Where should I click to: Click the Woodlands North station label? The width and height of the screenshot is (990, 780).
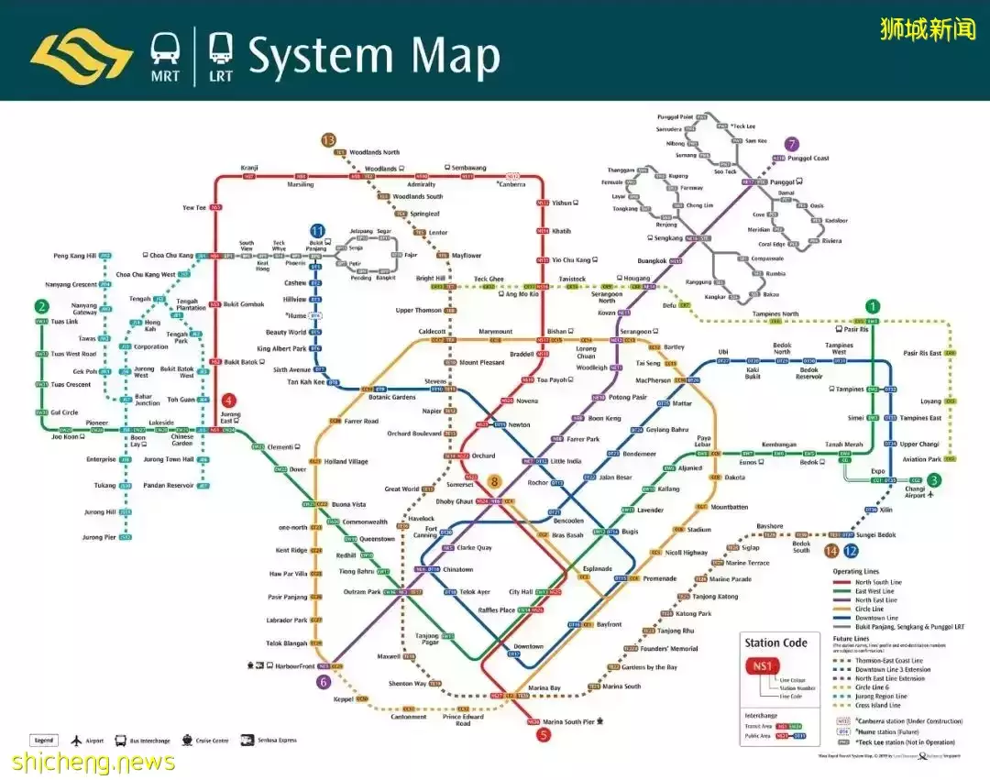point(374,152)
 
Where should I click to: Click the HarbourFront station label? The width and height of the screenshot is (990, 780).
point(295,666)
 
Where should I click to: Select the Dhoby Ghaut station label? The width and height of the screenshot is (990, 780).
point(453,501)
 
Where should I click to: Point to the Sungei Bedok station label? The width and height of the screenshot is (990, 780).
point(875,534)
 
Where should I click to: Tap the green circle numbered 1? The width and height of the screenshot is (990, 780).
point(873,306)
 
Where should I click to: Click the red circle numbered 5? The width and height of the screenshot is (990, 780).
point(544,733)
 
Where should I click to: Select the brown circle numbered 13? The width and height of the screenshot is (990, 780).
point(328,139)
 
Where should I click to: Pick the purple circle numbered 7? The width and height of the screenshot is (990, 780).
point(792,144)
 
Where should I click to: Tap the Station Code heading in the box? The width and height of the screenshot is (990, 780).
point(775,643)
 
